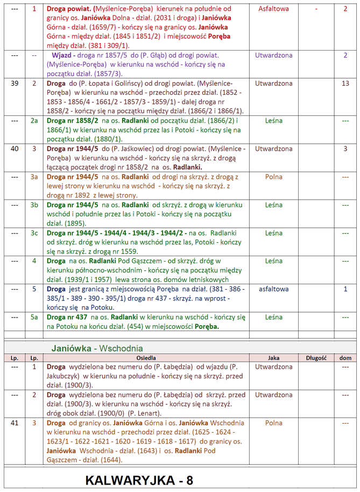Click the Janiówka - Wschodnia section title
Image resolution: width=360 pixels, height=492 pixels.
pyautogui.click(x=97, y=348)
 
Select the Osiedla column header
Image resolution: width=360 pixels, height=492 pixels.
pyautogui.click(x=146, y=357)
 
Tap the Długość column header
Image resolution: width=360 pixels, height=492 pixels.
pyautogui.click(x=316, y=357)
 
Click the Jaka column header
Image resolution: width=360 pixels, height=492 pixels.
pyautogui.click(x=273, y=357)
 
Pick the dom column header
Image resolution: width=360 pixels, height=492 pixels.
pyautogui.click(x=345, y=357)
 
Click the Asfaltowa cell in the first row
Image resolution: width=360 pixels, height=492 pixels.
pyautogui.click(x=273, y=9)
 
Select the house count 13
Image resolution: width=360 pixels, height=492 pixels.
pyautogui.click(x=345, y=83)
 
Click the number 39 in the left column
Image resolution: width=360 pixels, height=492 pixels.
pyautogui.click(x=15, y=83)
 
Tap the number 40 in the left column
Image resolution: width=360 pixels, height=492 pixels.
pyautogui.click(x=15, y=148)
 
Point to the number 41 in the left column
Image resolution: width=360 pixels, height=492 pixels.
pyautogui.click(x=15, y=423)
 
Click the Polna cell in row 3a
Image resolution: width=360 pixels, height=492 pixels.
pyautogui.click(x=273, y=176)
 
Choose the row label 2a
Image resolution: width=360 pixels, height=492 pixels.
pyautogui.click(x=34, y=121)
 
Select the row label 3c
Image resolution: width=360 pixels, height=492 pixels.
pyautogui.click(x=34, y=233)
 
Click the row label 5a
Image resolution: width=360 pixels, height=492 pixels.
pyautogui.click(x=34, y=317)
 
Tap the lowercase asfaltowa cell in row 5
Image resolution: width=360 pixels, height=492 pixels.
pyautogui.click(x=273, y=289)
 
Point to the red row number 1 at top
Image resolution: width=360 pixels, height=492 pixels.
pyautogui.click(x=34, y=9)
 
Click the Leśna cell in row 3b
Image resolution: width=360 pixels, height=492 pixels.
pyautogui.click(x=273, y=205)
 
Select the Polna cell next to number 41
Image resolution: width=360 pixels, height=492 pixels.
pyautogui.click(x=273, y=423)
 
